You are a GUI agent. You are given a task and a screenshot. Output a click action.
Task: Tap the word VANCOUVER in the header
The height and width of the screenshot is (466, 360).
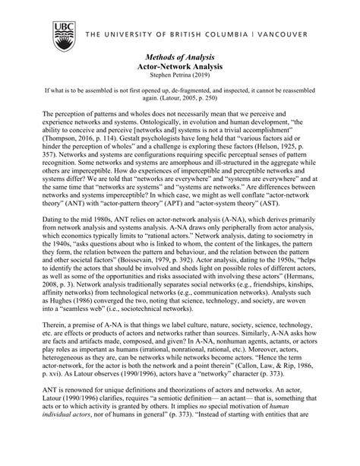pos(276,34)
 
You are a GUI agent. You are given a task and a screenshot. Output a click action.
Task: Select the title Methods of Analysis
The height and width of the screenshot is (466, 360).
pos(180,57)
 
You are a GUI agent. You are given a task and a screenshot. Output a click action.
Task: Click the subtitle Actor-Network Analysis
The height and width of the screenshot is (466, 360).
pos(180,67)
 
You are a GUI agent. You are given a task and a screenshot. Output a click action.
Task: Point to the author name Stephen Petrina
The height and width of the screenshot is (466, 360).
pos(171,76)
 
